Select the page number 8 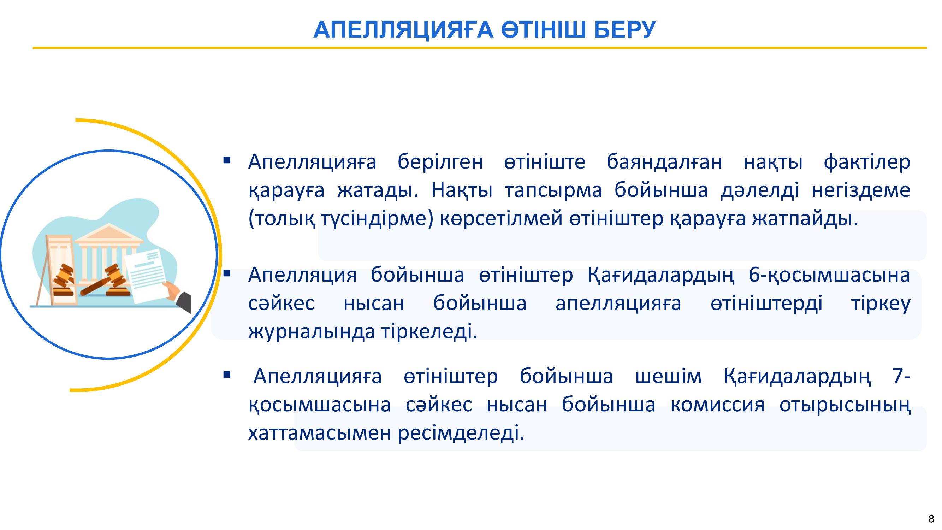click(x=931, y=519)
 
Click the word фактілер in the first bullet click(x=867, y=162)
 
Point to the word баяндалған click(x=664, y=162)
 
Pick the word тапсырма click(x=553, y=190)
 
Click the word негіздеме click(x=861, y=190)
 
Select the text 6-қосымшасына click(x=829, y=275)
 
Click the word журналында click(x=312, y=332)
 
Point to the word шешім click(x=669, y=376)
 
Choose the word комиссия click(x=717, y=405)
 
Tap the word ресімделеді click(x=461, y=434)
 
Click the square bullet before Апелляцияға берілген click(x=227, y=160)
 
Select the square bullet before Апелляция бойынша click(x=227, y=273)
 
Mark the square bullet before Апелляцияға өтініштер click(x=227, y=375)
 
